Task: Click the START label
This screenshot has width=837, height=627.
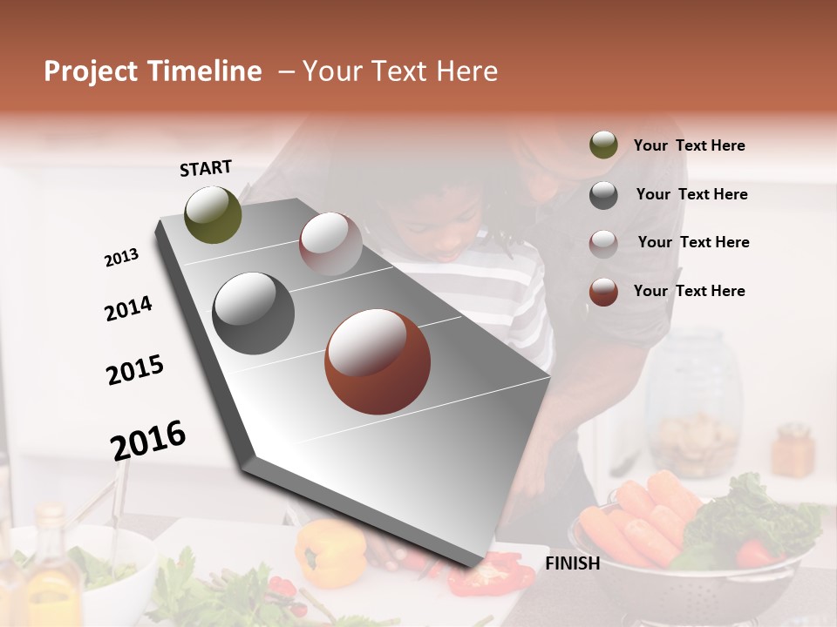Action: [206, 168]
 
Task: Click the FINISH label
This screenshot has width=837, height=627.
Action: [572, 563]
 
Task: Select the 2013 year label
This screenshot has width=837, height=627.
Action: [121, 258]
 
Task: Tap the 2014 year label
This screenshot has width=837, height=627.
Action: [128, 309]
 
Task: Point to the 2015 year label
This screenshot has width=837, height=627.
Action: [135, 370]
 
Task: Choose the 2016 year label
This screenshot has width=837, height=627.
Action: [148, 440]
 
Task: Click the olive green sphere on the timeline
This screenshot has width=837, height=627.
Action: [213, 214]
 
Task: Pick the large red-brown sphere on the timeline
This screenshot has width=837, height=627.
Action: [378, 361]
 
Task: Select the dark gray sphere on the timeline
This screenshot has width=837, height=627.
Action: [253, 313]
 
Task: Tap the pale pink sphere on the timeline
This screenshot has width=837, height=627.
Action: [330, 243]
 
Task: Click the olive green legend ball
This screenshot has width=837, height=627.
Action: [603, 145]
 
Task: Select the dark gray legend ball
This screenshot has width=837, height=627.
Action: [603, 195]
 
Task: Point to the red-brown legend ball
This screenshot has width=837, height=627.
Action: [603, 292]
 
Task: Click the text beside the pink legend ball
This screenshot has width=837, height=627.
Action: [693, 242]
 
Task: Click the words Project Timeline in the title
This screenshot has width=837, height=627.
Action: [153, 71]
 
